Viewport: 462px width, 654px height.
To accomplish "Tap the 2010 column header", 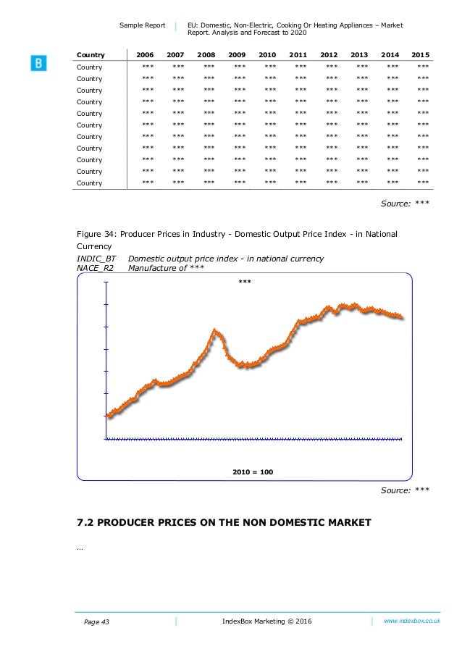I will pos(267,55).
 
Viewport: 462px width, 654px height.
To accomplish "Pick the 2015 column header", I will pos(420,55).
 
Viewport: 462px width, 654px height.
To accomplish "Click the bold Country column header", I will pos(91,55).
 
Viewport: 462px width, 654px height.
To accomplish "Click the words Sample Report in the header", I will pos(142,25).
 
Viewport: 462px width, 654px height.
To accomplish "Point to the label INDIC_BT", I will pos(96,259).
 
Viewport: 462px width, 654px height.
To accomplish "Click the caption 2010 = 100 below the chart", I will pos(253,471).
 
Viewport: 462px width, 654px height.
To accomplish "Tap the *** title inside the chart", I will pos(245,281).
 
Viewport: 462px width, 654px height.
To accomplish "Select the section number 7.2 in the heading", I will pos(86,522).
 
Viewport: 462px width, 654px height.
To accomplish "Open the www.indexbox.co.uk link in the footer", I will pos(411,621).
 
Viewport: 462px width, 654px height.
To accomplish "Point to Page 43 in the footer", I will pos(93,622).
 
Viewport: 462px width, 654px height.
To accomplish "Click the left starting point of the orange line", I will pos(108,416).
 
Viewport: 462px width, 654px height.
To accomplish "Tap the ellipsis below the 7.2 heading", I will pos(79,548).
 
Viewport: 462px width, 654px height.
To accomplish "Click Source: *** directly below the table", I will pos(405,204).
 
